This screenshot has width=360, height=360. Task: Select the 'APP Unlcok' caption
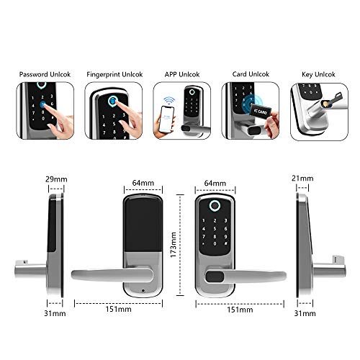[x=181, y=74]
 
